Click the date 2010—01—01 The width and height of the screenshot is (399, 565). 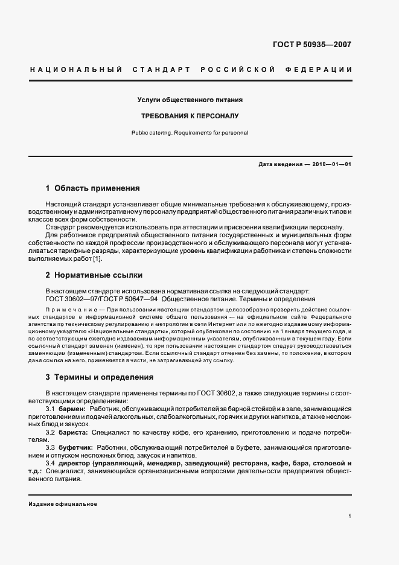pyautogui.click(x=329, y=164)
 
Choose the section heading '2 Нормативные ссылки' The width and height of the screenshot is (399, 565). pyautogui.click(x=94, y=275)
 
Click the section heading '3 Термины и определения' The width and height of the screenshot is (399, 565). pyautogui.click(x=99, y=377)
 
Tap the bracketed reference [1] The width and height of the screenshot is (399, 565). pyautogui.click(x=97, y=259)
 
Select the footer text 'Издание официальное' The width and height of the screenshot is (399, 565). pyautogui.click(x=63, y=503)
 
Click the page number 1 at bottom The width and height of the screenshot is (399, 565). pyautogui.click(x=350, y=516)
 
